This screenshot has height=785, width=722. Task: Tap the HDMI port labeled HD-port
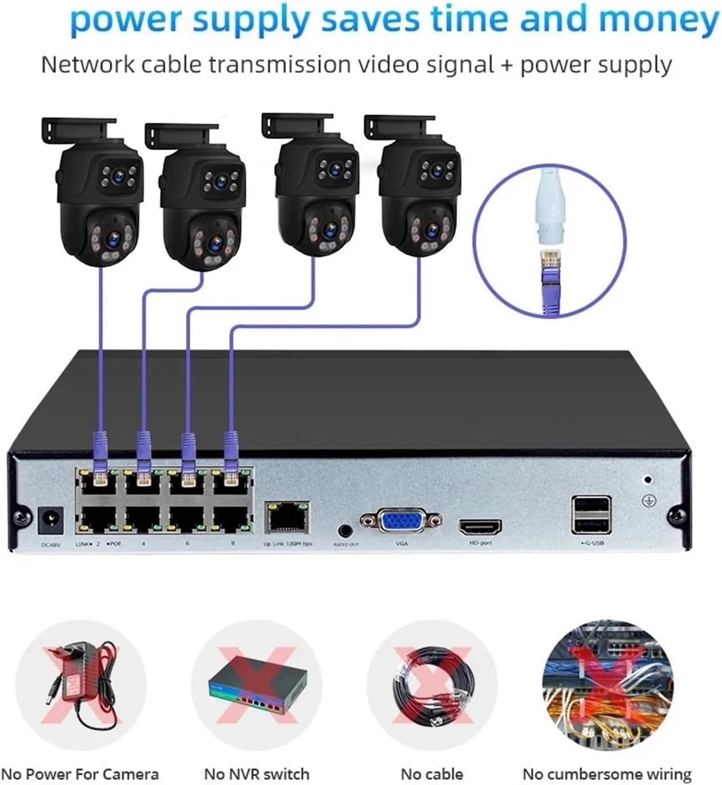click(x=480, y=526)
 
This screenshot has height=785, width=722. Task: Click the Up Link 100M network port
click(x=287, y=518)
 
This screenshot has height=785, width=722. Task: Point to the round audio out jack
click(x=345, y=530)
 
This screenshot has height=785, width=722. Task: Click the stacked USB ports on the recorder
click(x=591, y=514)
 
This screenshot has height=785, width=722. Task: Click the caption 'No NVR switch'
click(x=256, y=774)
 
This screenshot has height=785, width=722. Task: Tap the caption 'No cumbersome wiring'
click(x=606, y=774)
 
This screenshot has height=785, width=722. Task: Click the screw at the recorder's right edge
click(x=679, y=516)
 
